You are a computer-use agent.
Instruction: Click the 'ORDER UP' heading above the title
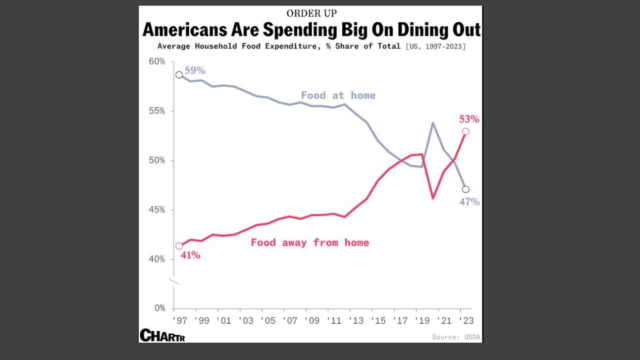(311, 13)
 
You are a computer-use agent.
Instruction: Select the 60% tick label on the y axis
(157, 61)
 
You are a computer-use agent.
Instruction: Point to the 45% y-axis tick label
(157, 210)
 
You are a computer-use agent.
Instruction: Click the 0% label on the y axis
(160, 308)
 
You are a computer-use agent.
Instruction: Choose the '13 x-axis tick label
(356, 320)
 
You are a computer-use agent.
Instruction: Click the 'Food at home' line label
(338, 95)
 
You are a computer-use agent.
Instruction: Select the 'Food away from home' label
(310, 243)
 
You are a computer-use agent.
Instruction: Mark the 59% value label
(195, 70)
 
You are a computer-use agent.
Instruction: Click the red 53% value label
(469, 119)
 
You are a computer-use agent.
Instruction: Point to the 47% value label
(469, 202)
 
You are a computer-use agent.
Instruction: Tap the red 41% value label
(190, 256)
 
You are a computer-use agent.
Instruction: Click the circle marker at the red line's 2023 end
(466, 132)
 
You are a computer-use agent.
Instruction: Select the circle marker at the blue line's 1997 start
(179, 75)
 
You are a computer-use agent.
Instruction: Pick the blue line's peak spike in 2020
(433, 123)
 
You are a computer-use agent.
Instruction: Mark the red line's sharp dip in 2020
(433, 198)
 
